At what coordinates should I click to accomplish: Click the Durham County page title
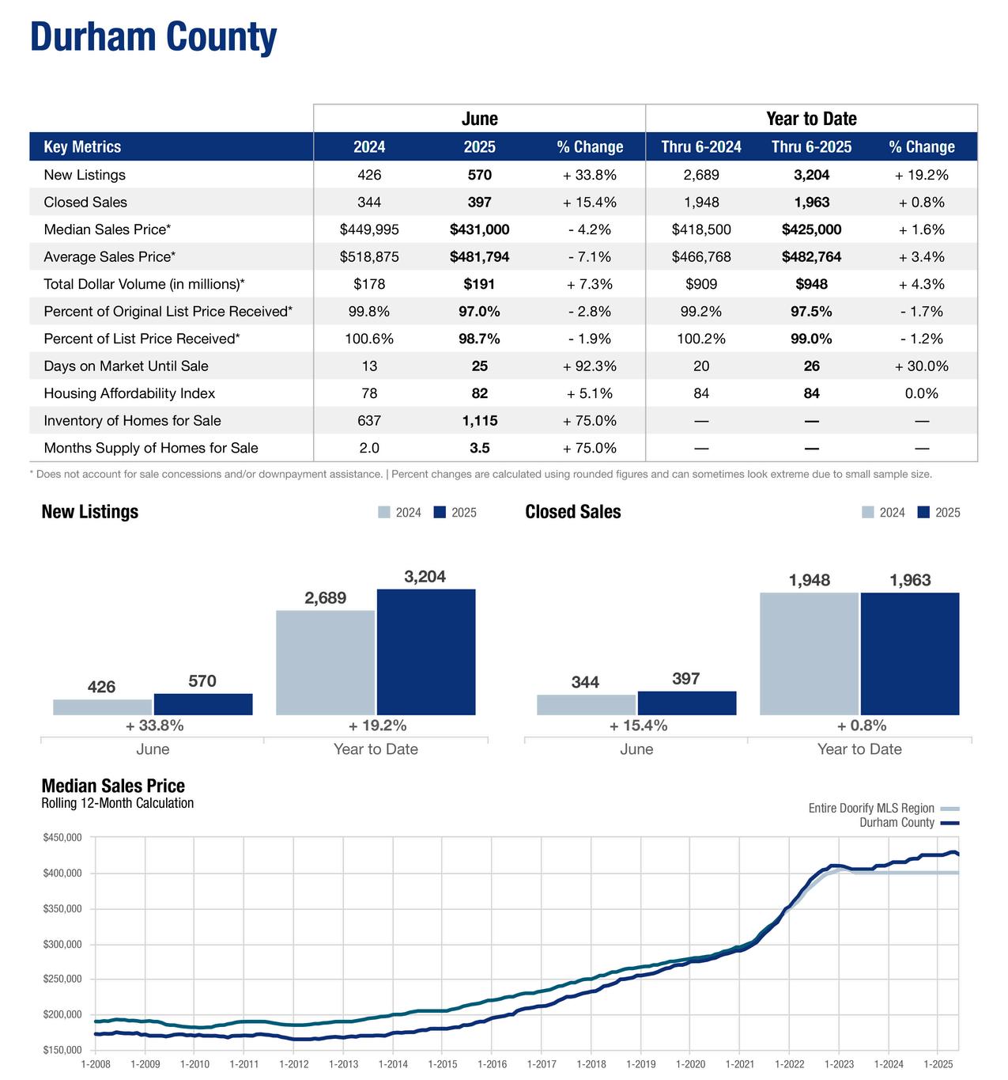(x=153, y=37)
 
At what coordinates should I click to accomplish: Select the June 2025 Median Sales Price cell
(x=479, y=229)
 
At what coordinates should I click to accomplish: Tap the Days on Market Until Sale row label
(x=126, y=366)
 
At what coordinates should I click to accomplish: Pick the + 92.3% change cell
(x=590, y=366)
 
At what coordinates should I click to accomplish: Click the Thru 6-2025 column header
(x=811, y=147)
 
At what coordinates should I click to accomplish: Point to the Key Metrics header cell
(x=82, y=147)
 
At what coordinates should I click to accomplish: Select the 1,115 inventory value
(x=479, y=420)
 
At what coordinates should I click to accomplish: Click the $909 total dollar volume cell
(x=701, y=284)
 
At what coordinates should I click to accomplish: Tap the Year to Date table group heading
(x=811, y=119)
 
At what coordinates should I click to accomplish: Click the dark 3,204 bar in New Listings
(x=426, y=651)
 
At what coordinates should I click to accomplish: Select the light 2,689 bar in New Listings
(x=326, y=662)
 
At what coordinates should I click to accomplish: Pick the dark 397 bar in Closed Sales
(x=687, y=703)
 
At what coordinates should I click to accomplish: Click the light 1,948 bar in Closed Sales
(x=809, y=654)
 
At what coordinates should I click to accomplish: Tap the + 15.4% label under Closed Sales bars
(x=638, y=726)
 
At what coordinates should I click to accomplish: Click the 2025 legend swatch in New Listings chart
(x=440, y=512)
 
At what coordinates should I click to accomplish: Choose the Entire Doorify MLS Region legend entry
(x=884, y=808)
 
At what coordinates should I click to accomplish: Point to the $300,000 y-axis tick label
(x=62, y=944)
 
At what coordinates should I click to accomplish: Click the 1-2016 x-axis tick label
(x=492, y=1064)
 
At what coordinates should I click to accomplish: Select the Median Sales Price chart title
(x=113, y=786)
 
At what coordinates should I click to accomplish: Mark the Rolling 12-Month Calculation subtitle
(x=117, y=803)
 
